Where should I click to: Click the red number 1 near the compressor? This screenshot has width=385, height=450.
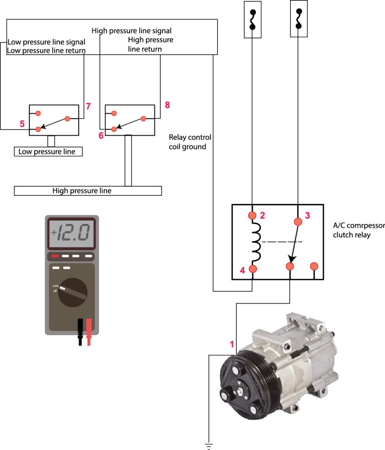[x=232, y=344]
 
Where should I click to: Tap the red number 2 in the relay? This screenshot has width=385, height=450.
[x=262, y=215]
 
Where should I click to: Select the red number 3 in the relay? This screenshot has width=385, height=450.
[x=308, y=215]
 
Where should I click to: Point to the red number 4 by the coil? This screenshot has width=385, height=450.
[x=242, y=271]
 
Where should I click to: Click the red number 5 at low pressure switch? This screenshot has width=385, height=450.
[x=22, y=124]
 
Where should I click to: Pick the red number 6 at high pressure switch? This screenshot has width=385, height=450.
[x=101, y=135]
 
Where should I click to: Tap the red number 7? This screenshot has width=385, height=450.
[x=88, y=106]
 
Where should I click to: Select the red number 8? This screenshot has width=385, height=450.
[x=167, y=105]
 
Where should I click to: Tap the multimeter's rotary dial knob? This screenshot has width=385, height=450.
[x=71, y=292]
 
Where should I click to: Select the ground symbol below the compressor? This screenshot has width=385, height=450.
[x=209, y=446]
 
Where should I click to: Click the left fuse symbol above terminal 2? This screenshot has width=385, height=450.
[x=252, y=19]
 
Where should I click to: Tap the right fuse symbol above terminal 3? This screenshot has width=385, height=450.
[x=299, y=18]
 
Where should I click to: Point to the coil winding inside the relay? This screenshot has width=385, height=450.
[x=255, y=242]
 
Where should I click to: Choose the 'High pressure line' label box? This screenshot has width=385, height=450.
[x=88, y=191]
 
